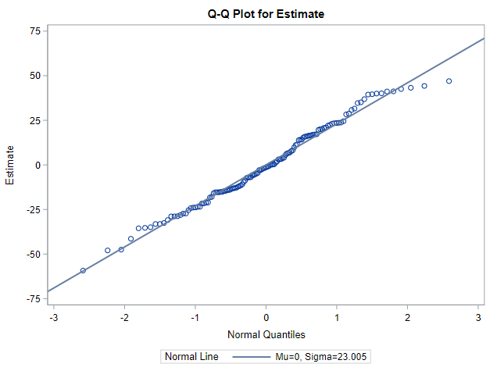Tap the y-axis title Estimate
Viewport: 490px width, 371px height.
pyautogui.click(x=10, y=165)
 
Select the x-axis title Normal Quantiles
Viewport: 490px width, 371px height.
pyautogui.click(x=266, y=335)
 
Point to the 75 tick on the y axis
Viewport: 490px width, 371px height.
pyautogui.click(x=34, y=30)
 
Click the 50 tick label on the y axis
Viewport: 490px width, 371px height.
pyautogui.click(x=34, y=76)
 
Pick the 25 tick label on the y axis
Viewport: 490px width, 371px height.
pyautogui.click(x=34, y=120)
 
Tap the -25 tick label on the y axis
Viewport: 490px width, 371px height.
pyautogui.click(x=32, y=209)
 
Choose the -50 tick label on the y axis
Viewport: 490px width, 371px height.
pyautogui.click(x=32, y=254)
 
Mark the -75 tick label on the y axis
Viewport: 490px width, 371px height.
pyautogui.click(x=32, y=299)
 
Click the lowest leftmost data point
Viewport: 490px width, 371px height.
pyautogui.click(x=83, y=271)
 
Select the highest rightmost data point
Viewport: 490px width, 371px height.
pyautogui.click(x=449, y=81)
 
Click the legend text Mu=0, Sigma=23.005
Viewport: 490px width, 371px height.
pyautogui.click(x=320, y=357)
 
